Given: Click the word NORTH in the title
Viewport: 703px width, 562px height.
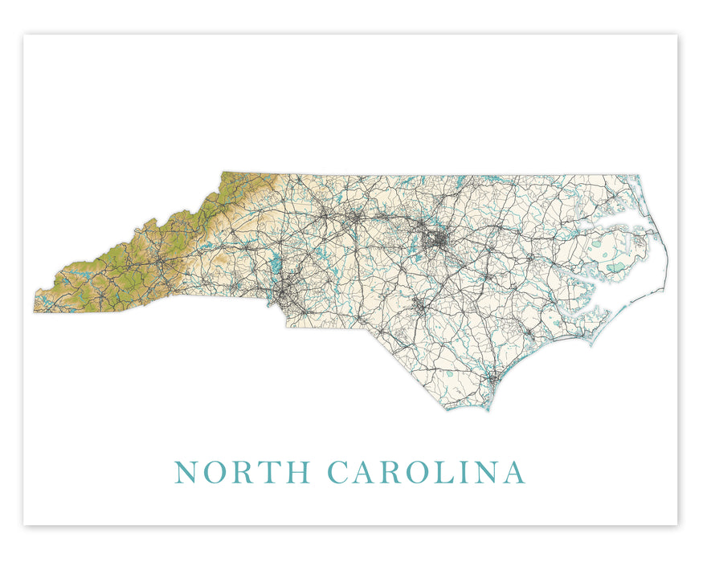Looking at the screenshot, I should [243, 472].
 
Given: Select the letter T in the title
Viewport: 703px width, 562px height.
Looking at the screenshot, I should [271, 472].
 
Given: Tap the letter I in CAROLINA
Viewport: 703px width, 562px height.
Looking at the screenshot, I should [465, 472].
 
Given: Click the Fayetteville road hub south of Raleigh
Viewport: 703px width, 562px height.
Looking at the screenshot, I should [419, 306].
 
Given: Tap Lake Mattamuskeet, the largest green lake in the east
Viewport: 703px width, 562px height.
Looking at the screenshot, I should [615, 267].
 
